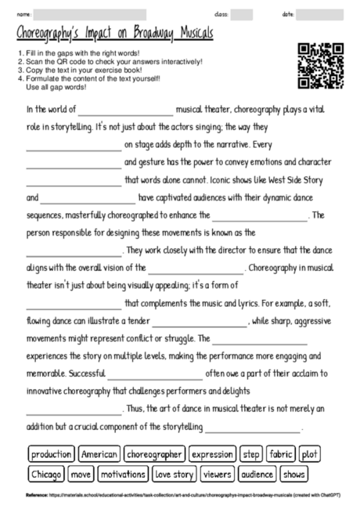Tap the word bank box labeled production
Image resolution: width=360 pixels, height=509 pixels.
(52, 454)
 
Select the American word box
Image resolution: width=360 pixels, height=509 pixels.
(99, 454)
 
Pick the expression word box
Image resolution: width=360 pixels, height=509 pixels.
(212, 454)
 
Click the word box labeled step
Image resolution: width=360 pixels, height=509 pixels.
(251, 454)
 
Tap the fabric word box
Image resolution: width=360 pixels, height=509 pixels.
(280, 454)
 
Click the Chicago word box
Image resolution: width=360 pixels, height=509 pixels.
(47, 474)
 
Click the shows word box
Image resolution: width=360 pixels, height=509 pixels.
(294, 474)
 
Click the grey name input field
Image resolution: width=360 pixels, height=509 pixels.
(91, 14)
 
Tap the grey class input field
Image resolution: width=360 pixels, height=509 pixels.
(242, 14)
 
